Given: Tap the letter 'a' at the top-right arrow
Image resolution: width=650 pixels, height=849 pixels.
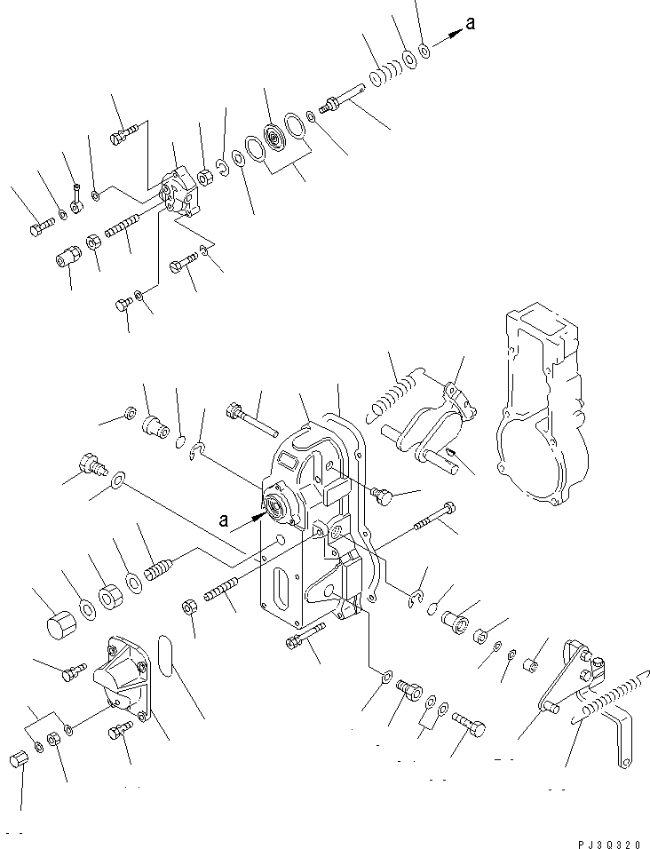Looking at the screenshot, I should click(x=470, y=25).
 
